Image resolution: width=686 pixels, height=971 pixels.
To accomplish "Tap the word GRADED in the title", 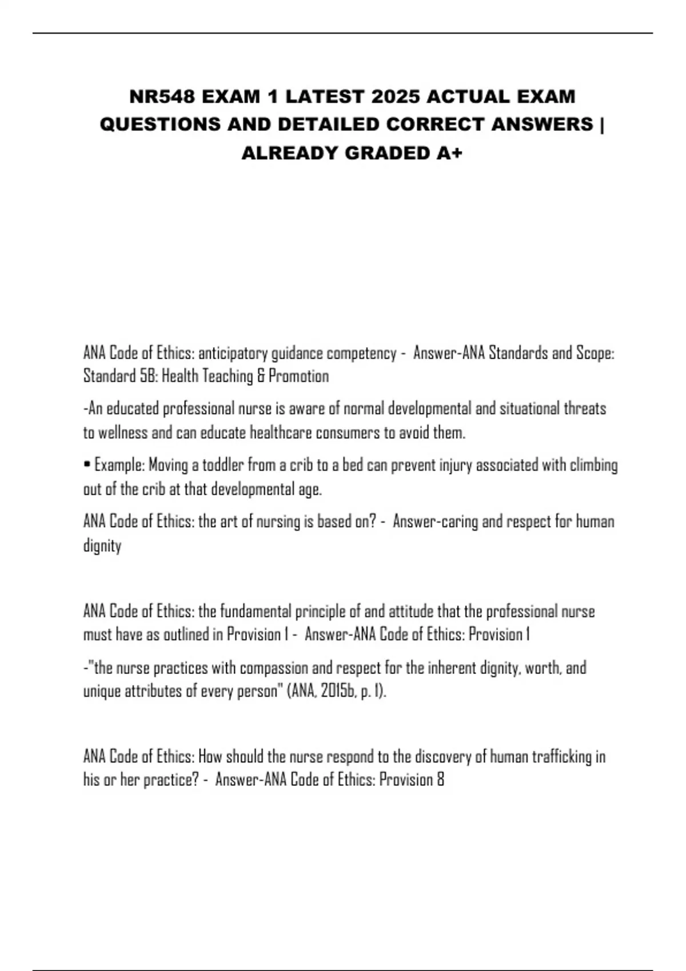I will click(x=383, y=153).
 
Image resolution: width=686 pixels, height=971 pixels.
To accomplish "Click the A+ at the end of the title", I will click(x=448, y=153).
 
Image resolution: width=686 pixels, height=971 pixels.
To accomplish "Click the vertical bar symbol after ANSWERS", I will click(x=602, y=125).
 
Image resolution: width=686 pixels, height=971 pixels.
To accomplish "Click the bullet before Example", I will click(x=86, y=466).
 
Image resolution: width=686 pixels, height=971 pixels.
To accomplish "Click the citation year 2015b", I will click(x=338, y=692).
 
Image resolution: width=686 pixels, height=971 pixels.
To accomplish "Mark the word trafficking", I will click(x=563, y=757).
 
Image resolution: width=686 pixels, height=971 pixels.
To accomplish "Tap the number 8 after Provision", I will click(x=440, y=780).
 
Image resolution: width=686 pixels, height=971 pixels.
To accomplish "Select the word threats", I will click(x=585, y=409).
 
